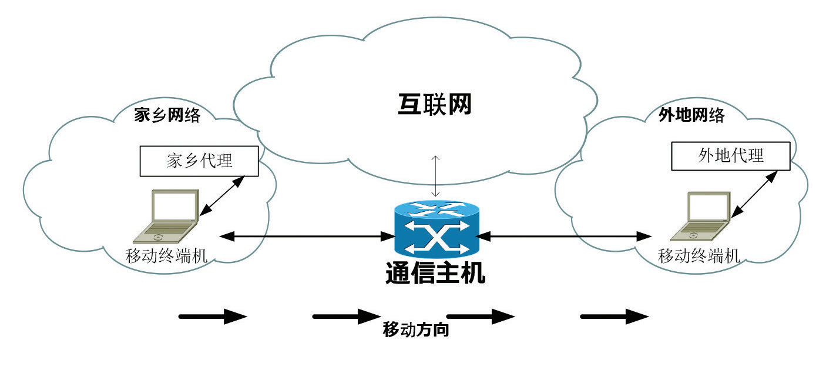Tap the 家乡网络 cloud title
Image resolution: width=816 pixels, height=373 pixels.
(167, 115)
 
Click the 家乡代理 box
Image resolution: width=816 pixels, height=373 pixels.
(199, 161)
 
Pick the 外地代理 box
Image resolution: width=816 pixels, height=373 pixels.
(731, 155)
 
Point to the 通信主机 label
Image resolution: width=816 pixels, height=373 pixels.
(436, 273)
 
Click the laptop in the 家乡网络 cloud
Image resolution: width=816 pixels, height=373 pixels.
(167, 216)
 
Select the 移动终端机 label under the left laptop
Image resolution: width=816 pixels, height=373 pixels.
(167, 255)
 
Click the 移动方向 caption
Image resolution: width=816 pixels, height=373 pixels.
(416, 329)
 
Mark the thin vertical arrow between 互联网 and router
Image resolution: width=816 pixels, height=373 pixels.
(435, 176)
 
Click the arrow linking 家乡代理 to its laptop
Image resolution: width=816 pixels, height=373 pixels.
(221, 196)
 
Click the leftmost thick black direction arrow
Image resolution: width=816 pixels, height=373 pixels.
(212, 317)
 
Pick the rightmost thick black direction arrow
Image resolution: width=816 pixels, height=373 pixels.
(614, 317)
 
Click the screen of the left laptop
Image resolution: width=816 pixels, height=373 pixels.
(174, 206)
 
